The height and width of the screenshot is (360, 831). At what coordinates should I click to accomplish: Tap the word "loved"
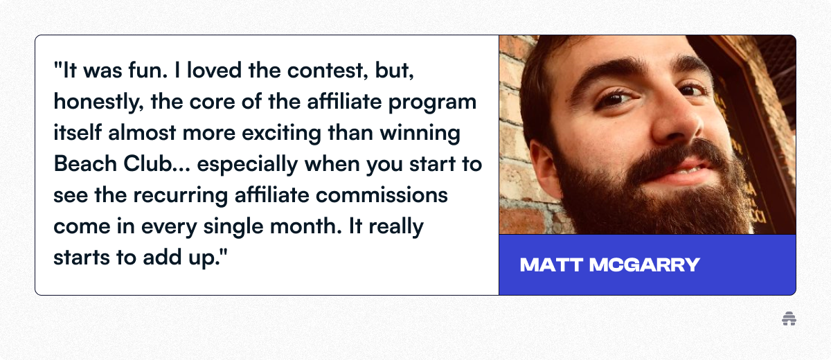click(214, 70)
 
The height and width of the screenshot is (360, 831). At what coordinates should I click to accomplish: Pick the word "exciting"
click(282, 134)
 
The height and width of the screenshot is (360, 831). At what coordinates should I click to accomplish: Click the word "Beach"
click(85, 163)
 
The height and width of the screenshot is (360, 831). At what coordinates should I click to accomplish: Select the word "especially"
click(247, 165)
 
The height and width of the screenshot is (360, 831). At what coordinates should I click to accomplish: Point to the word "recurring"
click(180, 196)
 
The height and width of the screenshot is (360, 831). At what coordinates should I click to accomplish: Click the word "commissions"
click(382, 195)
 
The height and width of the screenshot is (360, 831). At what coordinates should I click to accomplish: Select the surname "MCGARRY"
click(645, 264)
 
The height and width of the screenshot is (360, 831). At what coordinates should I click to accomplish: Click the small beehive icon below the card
click(789, 319)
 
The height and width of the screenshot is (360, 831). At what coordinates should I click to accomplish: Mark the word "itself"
click(78, 132)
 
